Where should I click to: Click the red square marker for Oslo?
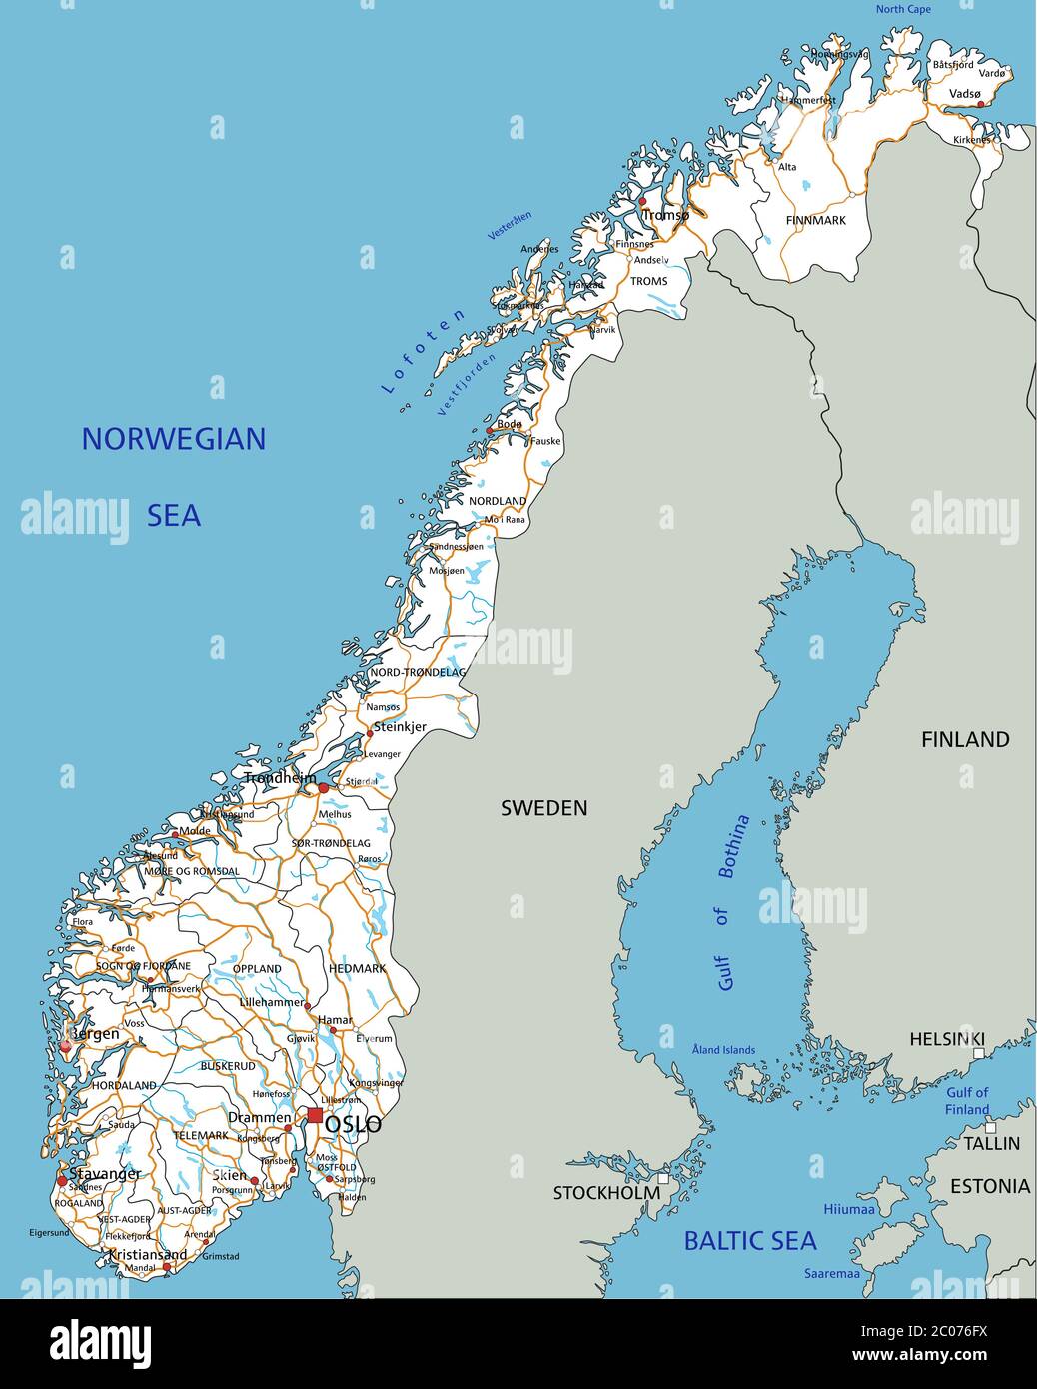(315, 1115)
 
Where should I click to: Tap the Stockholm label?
(606, 1192)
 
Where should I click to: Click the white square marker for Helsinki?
(979, 1053)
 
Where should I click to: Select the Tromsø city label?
(665, 215)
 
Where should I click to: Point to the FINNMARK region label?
(815, 220)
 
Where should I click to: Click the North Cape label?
(903, 9)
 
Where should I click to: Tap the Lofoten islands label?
(424, 350)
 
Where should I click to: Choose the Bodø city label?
(510, 424)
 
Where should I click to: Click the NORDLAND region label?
(498, 501)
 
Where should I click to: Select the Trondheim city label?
(280, 777)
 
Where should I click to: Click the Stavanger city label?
(105, 1173)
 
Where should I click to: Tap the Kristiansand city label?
(147, 1254)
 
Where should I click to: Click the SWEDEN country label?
(543, 808)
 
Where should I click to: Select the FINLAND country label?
(964, 739)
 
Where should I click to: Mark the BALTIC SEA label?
(749, 1241)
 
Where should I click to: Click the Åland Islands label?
(723, 1050)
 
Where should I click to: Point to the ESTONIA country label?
(989, 1186)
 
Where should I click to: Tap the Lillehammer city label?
(272, 1001)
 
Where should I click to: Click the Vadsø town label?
(964, 93)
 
